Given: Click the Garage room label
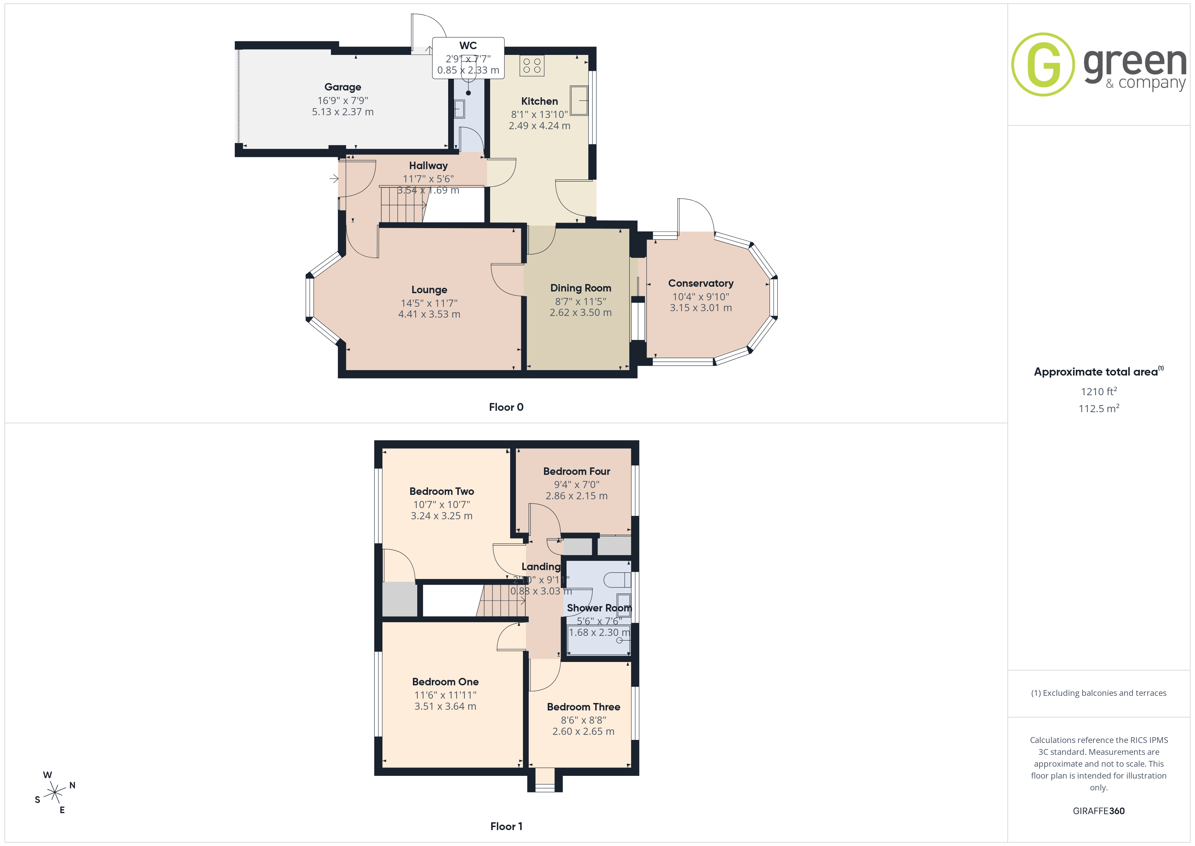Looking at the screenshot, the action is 342,87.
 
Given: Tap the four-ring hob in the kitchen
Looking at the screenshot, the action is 531,66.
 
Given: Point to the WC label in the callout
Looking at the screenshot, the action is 468,46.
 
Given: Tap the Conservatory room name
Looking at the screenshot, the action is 700,283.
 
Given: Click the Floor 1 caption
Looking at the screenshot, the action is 506,826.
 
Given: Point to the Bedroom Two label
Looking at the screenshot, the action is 441,491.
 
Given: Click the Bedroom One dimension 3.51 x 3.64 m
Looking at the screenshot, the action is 445,706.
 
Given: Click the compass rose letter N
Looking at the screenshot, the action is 72,785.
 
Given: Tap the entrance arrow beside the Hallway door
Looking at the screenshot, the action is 334,179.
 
